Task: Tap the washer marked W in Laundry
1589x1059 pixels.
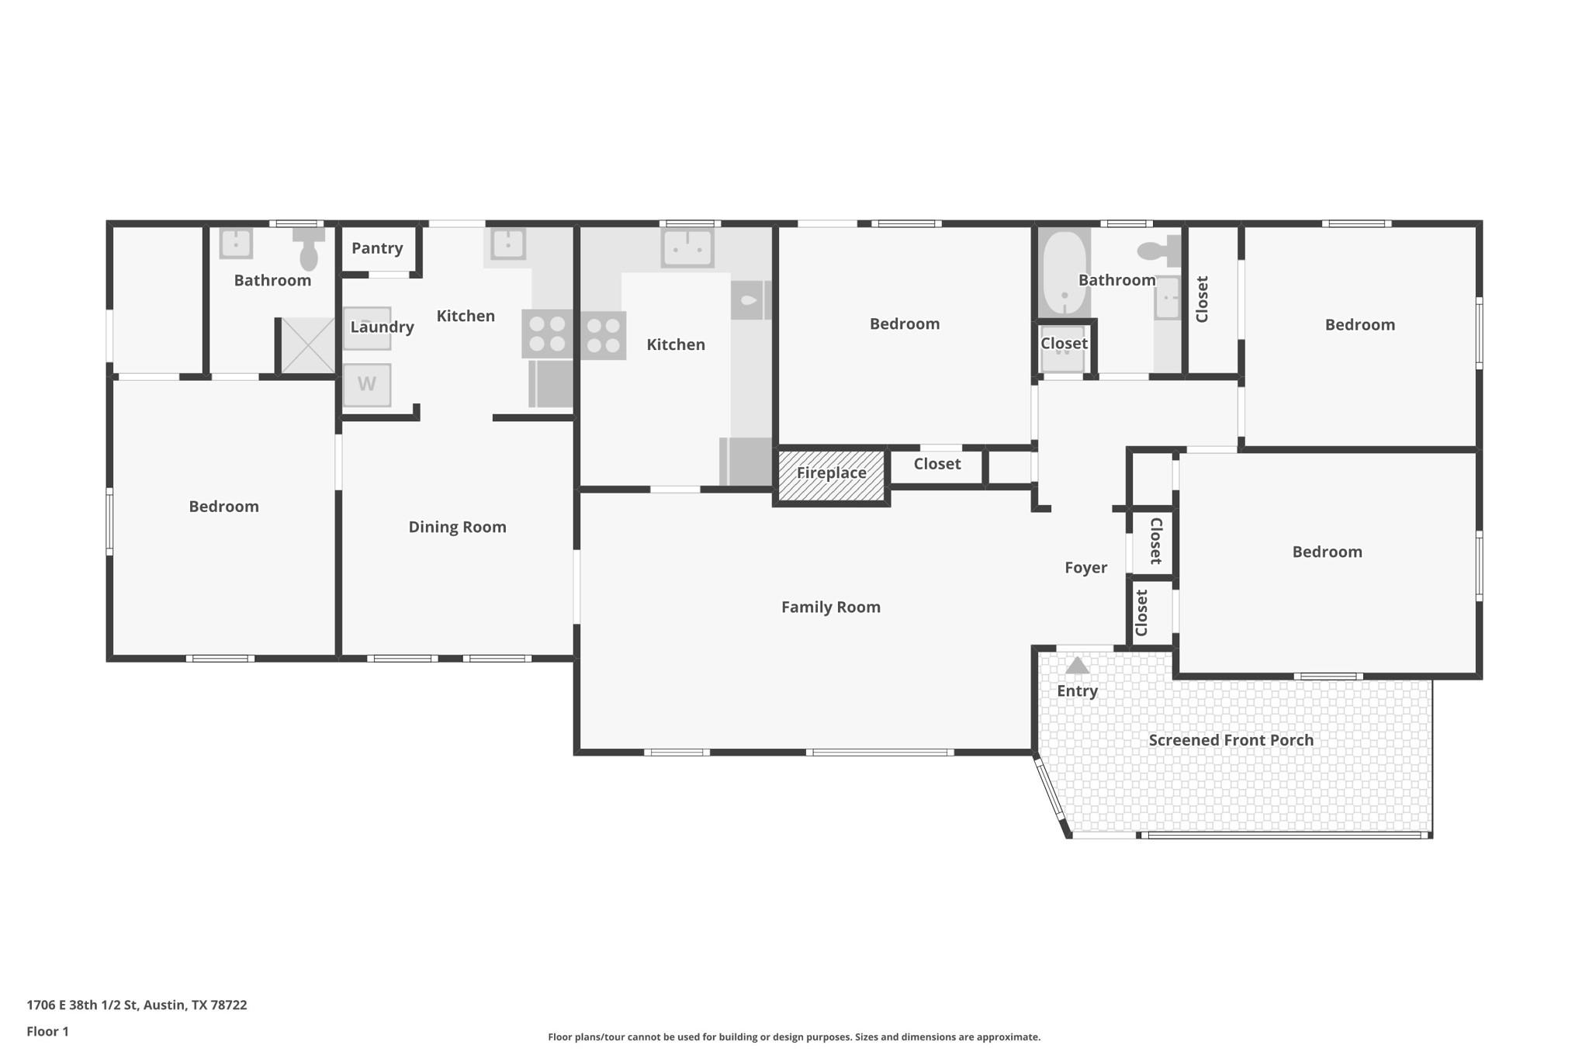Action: pyautogui.click(x=367, y=384)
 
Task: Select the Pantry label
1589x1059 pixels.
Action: pyautogui.click(x=377, y=248)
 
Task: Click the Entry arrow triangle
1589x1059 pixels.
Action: pyautogui.click(x=1077, y=666)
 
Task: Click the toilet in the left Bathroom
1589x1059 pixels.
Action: pyautogui.click(x=309, y=249)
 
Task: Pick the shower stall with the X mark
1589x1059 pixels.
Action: pyautogui.click(x=308, y=345)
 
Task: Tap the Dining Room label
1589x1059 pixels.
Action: pyautogui.click(x=457, y=527)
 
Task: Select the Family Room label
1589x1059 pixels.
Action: pyautogui.click(x=830, y=607)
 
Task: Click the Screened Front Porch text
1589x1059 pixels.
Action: pyautogui.click(x=1231, y=740)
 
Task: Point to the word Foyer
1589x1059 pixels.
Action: pyautogui.click(x=1085, y=568)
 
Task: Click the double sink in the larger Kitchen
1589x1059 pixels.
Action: pyautogui.click(x=687, y=248)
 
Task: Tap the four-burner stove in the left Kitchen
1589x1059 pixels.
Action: pyautogui.click(x=547, y=334)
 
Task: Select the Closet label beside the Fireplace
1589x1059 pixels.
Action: pyautogui.click(x=936, y=464)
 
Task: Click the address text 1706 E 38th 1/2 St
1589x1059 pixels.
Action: pyautogui.click(x=137, y=1005)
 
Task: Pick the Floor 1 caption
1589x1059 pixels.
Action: pyautogui.click(x=48, y=1031)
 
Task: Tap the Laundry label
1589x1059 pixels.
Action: pyautogui.click(x=382, y=327)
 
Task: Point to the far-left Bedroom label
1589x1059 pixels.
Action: pyautogui.click(x=223, y=507)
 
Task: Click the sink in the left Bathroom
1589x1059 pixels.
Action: pyautogui.click(x=236, y=244)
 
